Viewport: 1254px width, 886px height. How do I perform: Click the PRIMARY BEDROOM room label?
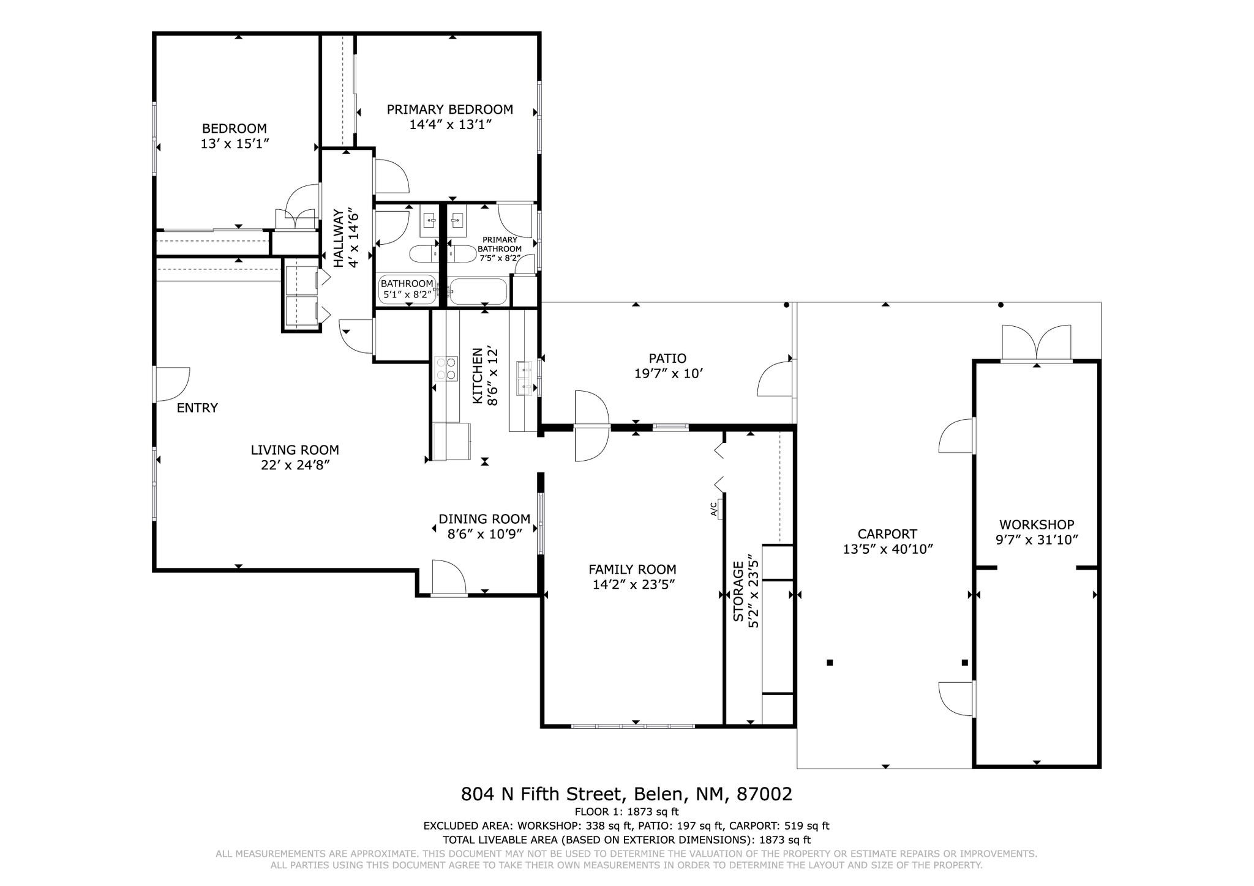[450, 110]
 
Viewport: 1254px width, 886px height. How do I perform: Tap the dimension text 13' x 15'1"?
[235, 144]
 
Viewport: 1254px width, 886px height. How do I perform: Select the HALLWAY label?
[338, 238]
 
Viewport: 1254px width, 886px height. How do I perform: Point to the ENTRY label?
[197, 408]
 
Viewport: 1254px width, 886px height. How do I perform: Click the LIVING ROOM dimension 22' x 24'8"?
[295, 465]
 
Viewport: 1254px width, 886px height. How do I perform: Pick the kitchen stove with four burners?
[446, 368]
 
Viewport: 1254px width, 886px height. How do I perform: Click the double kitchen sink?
[524, 378]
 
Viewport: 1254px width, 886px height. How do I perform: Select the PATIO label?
[667, 359]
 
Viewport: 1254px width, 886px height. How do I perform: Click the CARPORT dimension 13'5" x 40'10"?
[888, 549]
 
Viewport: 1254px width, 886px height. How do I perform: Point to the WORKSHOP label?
[1037, 524]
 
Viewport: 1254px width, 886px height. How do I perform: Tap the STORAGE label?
[739, 591]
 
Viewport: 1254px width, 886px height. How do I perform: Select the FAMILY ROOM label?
[633, 569]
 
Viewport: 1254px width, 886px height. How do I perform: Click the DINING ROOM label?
[484, 519]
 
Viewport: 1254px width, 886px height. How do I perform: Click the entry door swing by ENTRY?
[172, 384]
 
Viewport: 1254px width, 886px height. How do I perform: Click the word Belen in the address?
[659, 794]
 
